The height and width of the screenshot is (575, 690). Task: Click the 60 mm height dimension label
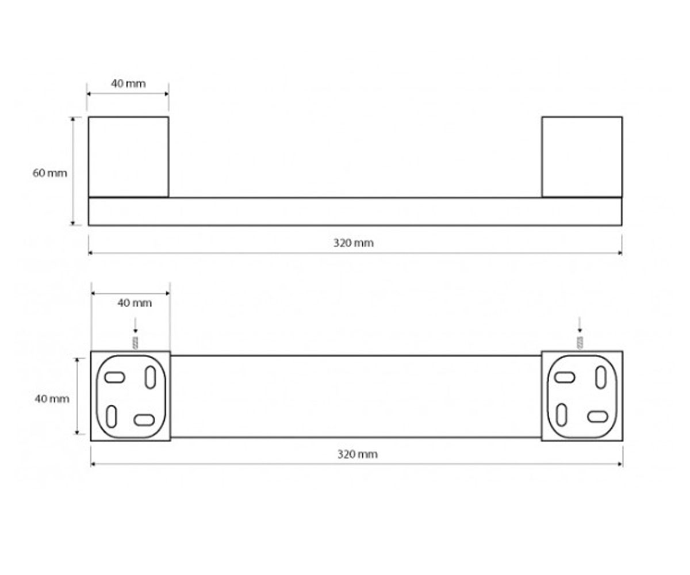49,173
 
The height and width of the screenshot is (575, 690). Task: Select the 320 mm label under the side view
353,243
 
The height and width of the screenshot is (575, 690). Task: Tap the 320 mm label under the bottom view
357,454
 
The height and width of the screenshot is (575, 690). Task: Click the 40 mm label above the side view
128,83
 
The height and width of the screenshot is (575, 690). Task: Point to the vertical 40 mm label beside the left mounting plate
52,399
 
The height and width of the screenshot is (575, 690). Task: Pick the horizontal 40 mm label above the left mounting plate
135,302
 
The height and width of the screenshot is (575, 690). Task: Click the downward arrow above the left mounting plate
135,325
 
